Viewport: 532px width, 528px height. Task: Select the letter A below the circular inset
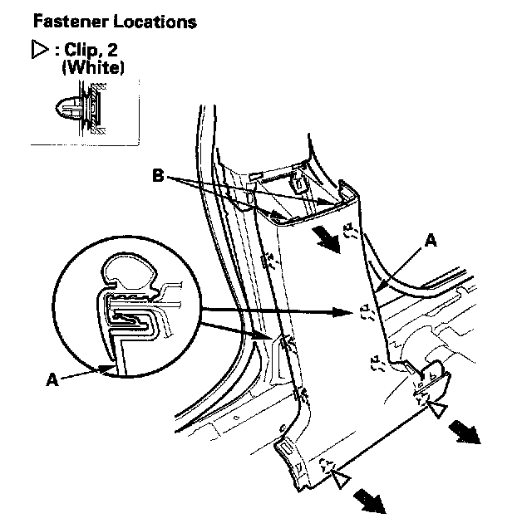coord(52,382)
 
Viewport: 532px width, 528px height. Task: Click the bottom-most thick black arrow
coord(371,501)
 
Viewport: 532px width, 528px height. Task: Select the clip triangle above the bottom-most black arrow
coord(340,477)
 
